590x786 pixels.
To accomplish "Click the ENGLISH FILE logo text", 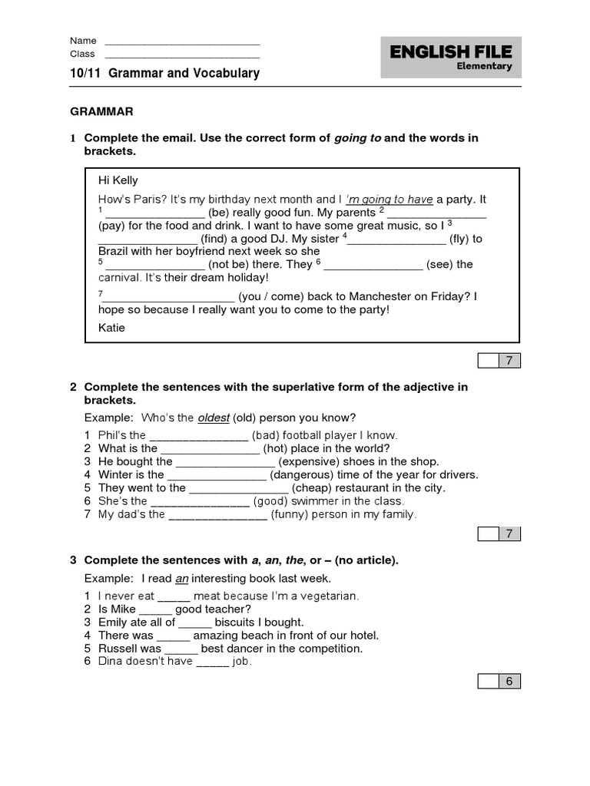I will pos(451,52).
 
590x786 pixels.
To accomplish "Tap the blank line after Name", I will pos(181,41).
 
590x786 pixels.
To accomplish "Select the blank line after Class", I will pos(181,54).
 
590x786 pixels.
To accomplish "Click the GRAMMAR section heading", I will pos(102,111).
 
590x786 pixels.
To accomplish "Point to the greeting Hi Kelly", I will pos(118,180).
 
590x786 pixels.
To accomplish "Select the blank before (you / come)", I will pos(169,297).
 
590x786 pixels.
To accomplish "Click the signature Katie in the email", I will pos(111,328).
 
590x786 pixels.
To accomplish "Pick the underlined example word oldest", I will pos(213,418).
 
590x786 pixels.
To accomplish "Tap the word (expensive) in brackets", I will pos(311,462).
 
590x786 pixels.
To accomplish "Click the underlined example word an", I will pos(181,578).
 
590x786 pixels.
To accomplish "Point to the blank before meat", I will pos(174,596).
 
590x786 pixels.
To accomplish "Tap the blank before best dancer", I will pos(181,649).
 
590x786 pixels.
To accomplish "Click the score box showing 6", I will pos(508,681).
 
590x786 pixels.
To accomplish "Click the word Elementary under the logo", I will pos(484,66).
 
